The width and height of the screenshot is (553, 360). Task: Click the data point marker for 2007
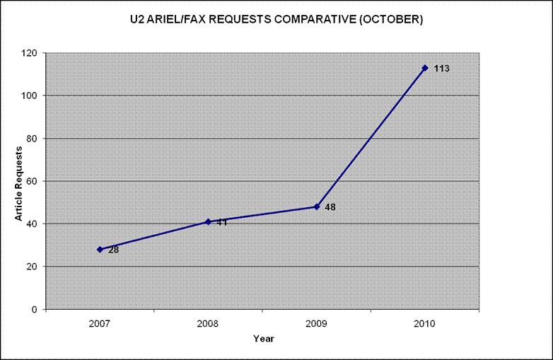100,249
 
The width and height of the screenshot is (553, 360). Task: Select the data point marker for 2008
208,221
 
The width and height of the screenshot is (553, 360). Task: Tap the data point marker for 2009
317,207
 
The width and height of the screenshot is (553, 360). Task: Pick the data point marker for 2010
425,68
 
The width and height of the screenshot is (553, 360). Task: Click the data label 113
441,69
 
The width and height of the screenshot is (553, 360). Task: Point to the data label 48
330,207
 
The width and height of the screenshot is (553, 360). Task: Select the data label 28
113,250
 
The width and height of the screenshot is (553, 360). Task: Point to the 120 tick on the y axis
30,53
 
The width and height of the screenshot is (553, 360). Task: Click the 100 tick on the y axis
30,95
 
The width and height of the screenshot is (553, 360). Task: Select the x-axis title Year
263,339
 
